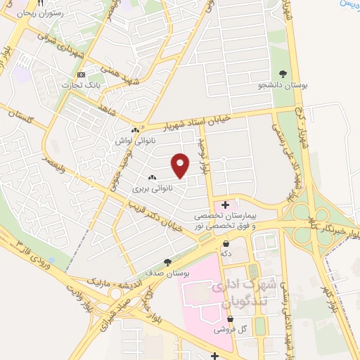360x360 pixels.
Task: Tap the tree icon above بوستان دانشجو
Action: pos(282,74)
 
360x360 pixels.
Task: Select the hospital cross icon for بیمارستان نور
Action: pos(224,204)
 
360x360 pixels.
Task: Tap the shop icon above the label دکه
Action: pos(225,244)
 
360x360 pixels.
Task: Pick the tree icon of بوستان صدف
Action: pos(167,261)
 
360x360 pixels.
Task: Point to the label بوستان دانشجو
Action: pos(281,85)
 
